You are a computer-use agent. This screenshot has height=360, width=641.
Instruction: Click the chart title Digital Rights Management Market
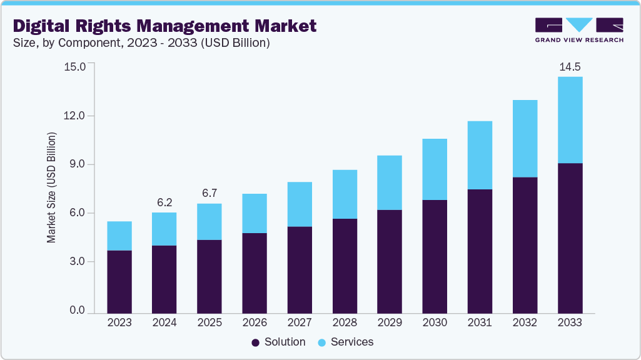pos(164,26)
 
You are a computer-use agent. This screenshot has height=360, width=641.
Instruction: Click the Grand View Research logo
pos(579,30)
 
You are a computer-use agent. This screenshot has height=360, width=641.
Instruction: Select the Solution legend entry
pos(278,342)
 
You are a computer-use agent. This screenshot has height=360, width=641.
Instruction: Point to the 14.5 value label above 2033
pos(570,67)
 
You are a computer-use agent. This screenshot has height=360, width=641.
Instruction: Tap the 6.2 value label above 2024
pos(164,202)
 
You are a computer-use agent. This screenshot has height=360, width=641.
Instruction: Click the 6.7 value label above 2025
pos(209,192)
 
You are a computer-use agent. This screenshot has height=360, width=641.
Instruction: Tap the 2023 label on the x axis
pos(119,323)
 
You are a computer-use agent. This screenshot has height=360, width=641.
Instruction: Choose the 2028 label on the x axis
pos(345,323)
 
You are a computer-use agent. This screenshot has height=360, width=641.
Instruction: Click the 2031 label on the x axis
pos(480,323)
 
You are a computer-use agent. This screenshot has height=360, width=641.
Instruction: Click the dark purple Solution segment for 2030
pos(435,256)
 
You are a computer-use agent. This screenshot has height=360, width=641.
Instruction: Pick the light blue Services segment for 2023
pos(119,236)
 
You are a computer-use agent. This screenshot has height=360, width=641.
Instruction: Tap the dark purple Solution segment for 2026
pos(255,272)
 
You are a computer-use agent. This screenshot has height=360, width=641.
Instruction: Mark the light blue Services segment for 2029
pos(390,182)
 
